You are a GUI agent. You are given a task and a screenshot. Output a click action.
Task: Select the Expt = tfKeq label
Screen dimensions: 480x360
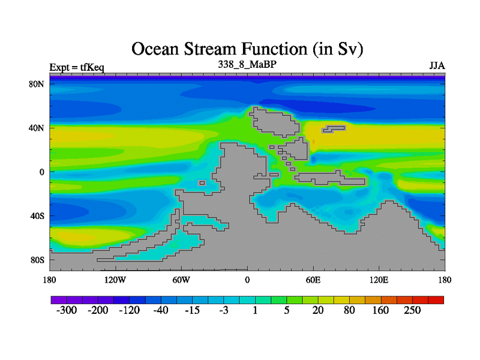(x=77, y=67)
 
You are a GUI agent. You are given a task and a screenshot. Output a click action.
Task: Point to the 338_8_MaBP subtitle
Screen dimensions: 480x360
(x=247, y=64)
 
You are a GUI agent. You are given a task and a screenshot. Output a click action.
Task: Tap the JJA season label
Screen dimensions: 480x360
(x=437, y=66)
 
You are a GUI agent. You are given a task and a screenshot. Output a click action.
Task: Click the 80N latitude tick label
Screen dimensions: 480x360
(x=37, y=84)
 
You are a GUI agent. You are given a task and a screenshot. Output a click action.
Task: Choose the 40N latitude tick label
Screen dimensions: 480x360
(x=37, y=128)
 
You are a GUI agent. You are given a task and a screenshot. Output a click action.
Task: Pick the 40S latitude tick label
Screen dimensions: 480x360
(x=37, y=216)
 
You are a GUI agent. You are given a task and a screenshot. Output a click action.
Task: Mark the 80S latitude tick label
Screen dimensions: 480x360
(x=37, y=260)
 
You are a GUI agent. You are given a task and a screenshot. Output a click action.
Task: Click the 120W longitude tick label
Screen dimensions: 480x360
(x=115, y=280)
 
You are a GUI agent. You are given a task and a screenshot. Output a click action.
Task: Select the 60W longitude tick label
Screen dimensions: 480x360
(x=181, y=280)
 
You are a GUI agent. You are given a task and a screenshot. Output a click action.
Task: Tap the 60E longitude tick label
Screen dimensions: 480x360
(x=313, y=280)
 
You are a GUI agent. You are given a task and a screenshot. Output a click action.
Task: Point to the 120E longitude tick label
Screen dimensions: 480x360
(x=379, y=280)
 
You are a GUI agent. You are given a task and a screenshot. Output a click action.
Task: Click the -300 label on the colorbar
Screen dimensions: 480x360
(x=67, y=310)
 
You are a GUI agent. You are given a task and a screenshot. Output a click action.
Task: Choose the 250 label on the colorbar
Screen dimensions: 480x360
(x=412, y=310)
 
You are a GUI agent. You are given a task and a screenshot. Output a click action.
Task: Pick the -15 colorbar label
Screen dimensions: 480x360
(x=192, y=310)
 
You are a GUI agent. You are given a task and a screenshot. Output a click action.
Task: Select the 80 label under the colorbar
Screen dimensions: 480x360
(x=349, y=310)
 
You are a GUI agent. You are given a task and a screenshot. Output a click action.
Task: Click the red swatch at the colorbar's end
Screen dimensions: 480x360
(x=436, y=300)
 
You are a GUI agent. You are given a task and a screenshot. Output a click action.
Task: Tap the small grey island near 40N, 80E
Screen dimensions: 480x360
(x=334, y=129)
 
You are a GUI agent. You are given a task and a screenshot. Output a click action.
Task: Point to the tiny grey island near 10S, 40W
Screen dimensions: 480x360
(x=202, y=183)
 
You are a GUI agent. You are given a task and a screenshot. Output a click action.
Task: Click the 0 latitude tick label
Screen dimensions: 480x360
(x=41, y=172)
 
